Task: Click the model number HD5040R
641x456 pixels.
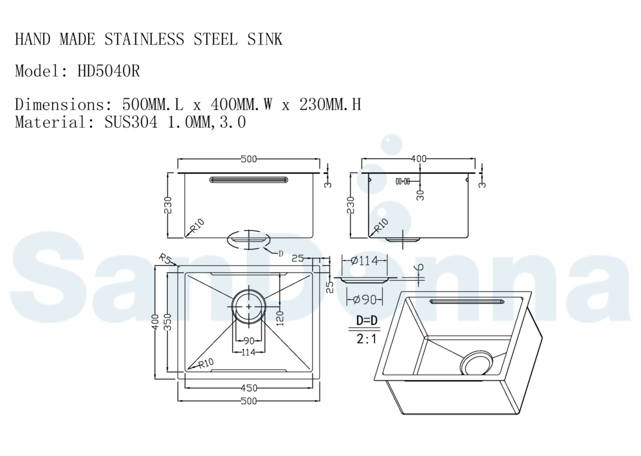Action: pos(109,71)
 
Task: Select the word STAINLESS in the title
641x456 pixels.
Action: pos(144,39)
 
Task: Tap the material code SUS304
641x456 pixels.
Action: pos(131,122)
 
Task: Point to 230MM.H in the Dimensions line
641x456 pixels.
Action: pos(330,104)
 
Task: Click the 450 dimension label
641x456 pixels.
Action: pos(249,388)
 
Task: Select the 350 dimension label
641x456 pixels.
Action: pos(168,322)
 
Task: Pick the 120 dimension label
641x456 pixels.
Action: pos(280,318)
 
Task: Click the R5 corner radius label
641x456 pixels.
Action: pos(165,259)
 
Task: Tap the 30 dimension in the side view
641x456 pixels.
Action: pos(420,195)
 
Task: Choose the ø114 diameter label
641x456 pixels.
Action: pos(364,261)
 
